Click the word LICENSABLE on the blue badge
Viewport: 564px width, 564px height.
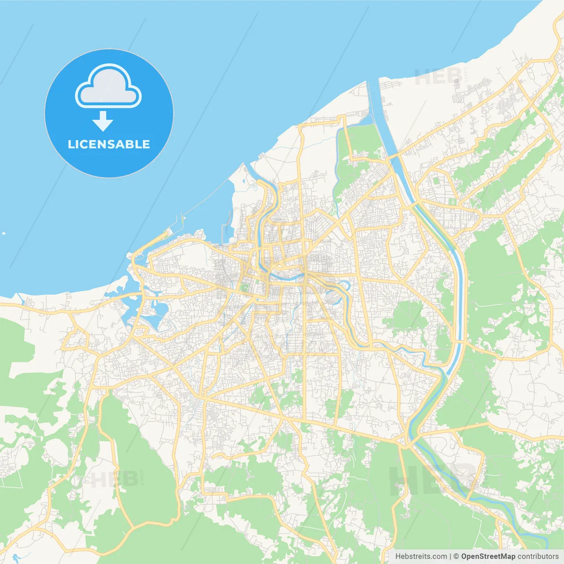tap(109, 145)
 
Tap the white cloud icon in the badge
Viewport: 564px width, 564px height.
tap(108, 86)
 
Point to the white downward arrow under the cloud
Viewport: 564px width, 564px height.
tap(103, 121)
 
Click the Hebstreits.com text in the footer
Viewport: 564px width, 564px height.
tap(421, 557)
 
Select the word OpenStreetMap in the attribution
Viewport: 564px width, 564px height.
tap(488, 557)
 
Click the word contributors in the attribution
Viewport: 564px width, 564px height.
tap(538, 557)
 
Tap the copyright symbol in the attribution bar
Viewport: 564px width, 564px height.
tap(456, 557)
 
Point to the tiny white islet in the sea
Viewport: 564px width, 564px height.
tap(4, 233)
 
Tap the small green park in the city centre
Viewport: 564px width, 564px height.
tap(245, 287)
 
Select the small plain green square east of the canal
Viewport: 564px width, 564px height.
tap(436, 180)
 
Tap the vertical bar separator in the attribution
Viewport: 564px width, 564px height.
tap(450, 557)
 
